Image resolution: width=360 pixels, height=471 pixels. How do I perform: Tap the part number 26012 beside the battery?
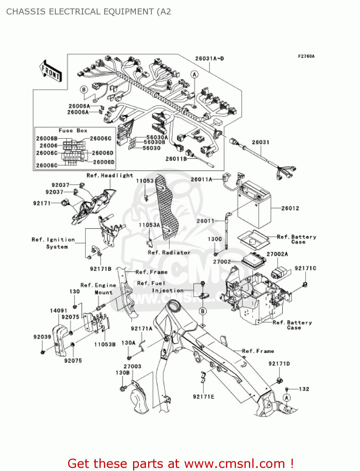coord(290,208)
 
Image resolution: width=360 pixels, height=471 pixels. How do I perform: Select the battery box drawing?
coord(254,205)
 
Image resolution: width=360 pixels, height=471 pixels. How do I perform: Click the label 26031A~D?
coord(209,58)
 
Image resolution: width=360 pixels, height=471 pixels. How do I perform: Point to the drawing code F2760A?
coord(306,57)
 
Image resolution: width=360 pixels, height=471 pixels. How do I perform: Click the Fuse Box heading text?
coord(73,131)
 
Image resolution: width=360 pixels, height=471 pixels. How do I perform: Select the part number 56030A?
coord(157,137)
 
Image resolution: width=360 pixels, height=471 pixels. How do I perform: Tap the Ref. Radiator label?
coord(169,252)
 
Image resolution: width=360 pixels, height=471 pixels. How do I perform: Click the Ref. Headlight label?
coord(110,176)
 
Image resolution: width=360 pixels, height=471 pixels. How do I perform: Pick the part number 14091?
coord(58,311)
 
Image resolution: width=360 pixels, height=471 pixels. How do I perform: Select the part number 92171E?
coord(203,397)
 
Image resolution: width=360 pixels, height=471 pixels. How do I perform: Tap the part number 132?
coord(304,389)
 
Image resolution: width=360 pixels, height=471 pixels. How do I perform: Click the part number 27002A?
coord(277,254)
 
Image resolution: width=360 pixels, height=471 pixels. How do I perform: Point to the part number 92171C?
coord(305,268)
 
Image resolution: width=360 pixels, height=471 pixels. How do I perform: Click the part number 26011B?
coord(176,159)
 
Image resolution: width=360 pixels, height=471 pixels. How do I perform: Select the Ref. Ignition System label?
coord(53,243)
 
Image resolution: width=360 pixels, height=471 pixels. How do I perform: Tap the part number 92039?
coord(42,337)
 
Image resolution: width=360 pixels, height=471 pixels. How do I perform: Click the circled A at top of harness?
coord(195,74)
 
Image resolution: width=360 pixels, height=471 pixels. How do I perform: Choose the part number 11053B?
coord(105,344)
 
